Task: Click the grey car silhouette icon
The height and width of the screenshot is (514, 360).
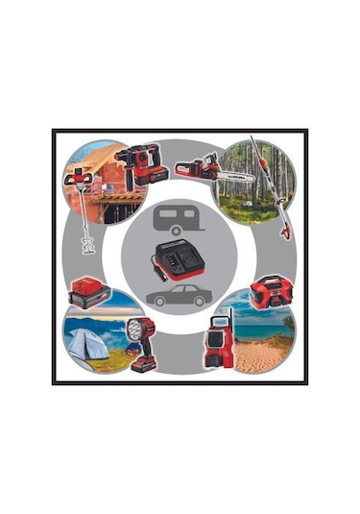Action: coord(178,294)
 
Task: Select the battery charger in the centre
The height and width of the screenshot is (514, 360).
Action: coord(180,258)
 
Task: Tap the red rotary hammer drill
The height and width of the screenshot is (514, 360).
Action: coord(144,166)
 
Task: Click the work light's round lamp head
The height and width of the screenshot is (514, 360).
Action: coord(133,328)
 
